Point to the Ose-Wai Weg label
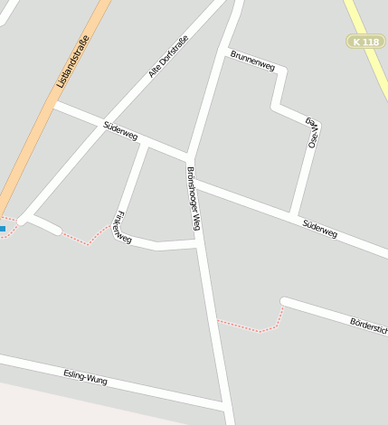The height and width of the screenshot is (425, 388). pyautogui.click(x=311, y=132)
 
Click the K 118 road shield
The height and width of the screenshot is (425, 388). pyautogui.click(x=366, y=42)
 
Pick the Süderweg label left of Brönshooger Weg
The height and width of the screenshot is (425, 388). pyautogui.click(x=120, y=130)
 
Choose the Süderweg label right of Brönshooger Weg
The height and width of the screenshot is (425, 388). pyautogui.click(x=320, y=227)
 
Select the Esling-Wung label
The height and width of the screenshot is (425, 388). pyautogui.click(x=86, y=378)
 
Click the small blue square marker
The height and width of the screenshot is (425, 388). pyautogui.click(x=3, y=229)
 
